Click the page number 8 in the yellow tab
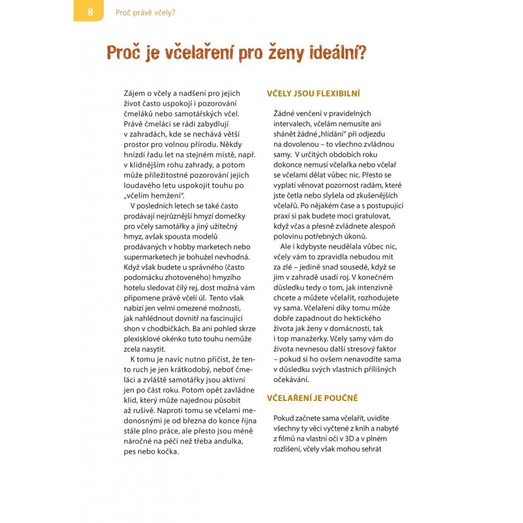(x=90, y=12)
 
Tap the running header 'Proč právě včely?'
(x=146, y=12)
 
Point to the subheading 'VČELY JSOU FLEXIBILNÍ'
(x=314, y=93)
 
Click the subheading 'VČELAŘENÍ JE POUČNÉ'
(x=313, y=398)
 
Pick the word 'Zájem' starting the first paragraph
(x=134, y=93)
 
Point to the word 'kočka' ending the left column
(x=169, y=452)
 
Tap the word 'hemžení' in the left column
(x=165, y=196)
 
